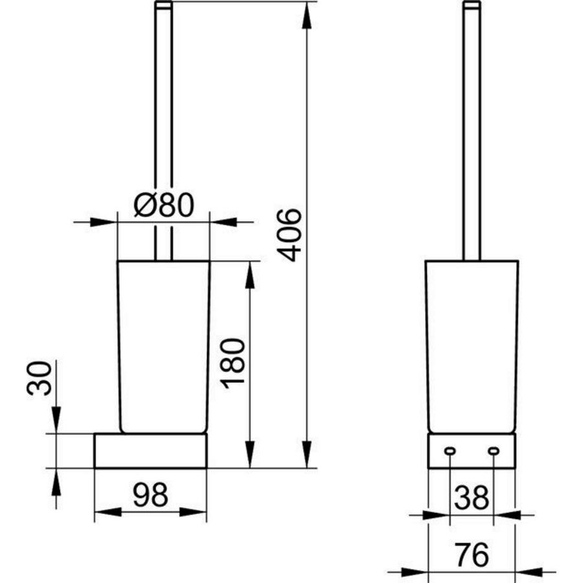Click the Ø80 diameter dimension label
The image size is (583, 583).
[164, 205]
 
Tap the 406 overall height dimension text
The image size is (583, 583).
[290, 235]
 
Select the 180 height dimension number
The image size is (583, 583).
[233, 363]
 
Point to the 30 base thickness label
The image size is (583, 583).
[40, 378]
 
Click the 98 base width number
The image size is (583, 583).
[150, 494]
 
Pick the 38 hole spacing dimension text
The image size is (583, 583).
[472, 497]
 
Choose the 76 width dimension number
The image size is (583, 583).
[472, 554]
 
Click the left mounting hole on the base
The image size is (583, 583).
[450, 451]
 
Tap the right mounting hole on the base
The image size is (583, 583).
[494, 451]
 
